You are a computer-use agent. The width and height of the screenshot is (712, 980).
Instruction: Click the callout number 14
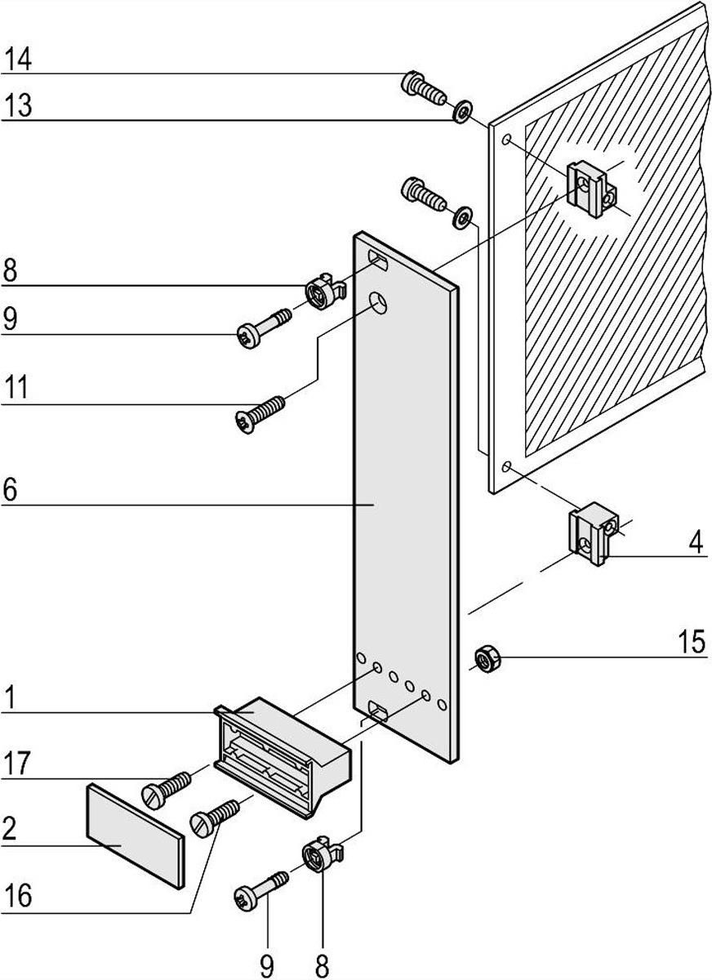point(17,60)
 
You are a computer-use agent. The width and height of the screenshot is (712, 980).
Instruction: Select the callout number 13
point(17,106)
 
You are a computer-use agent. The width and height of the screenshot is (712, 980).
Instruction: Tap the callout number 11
point(16,387)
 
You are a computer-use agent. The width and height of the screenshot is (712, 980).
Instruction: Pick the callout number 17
point(16,764)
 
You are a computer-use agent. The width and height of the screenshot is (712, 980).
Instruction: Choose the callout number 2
point(9,828)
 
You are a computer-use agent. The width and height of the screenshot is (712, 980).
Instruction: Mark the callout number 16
point(17,894)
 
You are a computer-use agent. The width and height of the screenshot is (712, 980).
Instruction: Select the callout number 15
point(691,642)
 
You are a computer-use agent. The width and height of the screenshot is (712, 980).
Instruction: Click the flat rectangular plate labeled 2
point(136,834)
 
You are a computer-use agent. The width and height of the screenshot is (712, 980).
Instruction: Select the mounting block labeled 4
point(593,532)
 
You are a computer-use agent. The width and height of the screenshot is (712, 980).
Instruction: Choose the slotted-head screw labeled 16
point(215,817)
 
